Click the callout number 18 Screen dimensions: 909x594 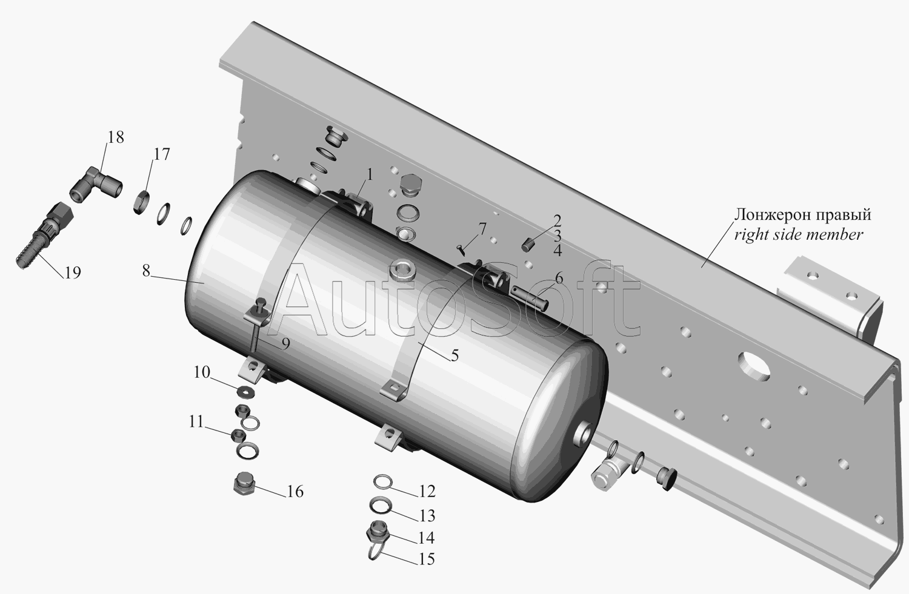(116, 137)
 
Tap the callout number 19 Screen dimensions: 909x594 (73, 272)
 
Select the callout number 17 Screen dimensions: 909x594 (162, 154)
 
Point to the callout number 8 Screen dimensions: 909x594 (146, 271)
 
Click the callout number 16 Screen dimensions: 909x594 (295, 492)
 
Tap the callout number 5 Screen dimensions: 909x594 (454, 355)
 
